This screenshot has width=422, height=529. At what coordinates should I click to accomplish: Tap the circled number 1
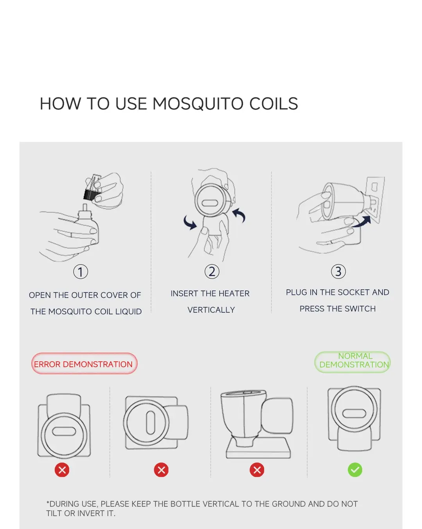pyautogui.click(x=80, y=272)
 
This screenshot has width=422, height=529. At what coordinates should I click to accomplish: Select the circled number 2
pyautogui.click(x=212, y=272)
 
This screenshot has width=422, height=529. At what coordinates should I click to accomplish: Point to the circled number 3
pyautogui.click(x=338, y=272)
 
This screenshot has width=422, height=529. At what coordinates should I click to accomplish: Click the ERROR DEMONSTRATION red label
pyautogui.click(x=84, y=363)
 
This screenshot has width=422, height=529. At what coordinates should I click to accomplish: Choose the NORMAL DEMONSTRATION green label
pyautogui.click(x=352, y=362)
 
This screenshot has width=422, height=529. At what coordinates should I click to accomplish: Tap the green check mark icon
pyautogui.click(x=355, y=470)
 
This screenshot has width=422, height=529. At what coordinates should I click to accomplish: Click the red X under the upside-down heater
pyautogui.click(x=62, y=470)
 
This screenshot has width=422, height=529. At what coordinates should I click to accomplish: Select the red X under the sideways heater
pyautogui.click(x=161, y=470)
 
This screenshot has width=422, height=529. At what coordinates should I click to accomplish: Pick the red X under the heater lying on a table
pyautogui.click(x=257, y=470)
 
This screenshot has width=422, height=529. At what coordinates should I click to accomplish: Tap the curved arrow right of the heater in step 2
pyautogui.click(x=239, y=215)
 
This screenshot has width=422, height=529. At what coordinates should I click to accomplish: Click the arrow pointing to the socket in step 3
pyautogui.click(x=361, y=222)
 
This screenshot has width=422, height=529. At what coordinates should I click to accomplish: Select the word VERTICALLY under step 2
pyautogui.click(x=211, y=310)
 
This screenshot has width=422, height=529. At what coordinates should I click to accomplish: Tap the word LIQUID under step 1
pyautogui.click(x=129, y=312)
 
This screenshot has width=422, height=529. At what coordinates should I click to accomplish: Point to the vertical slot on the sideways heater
pyautogui.click(x=150, y=422)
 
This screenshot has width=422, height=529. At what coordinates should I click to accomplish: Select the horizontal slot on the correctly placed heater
pyautogui.click(x=354, y=413)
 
